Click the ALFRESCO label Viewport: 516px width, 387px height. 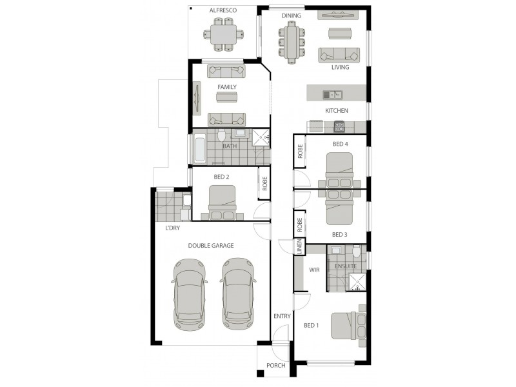(x=223, y=11)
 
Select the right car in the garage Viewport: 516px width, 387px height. (x=237, y=293)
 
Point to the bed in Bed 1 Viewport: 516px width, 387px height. (x=348, y=325)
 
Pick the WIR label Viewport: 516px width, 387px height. (x=315, y=270)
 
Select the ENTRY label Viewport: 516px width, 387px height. (x=282, y=316)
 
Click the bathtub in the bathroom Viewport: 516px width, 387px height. (x=199, y=148)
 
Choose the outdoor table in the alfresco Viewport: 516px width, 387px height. (x=223, y=34)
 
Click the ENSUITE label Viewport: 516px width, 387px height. (x=345, y=266)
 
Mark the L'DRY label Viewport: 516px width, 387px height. (x=172, y=228)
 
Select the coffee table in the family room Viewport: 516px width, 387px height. (x=226, y=97)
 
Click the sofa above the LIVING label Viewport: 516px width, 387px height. (x=339, y=54)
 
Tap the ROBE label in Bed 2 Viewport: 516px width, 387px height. (x=264, y=184)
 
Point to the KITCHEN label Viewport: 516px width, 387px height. (x=336, y=111)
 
